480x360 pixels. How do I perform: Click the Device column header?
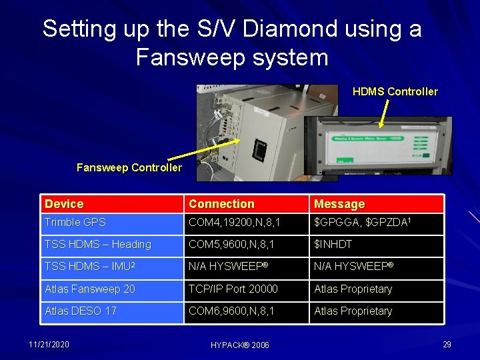tap(64, 204)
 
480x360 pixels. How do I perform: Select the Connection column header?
tap(221, 204)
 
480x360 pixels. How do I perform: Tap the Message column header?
tap(339, 204)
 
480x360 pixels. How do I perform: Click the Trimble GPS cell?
tap(75, 223)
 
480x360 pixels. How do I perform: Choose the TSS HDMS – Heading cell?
tap(98, 245)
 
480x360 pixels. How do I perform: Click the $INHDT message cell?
tap(333, 245)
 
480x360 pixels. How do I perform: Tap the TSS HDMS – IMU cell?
tap(90, 267)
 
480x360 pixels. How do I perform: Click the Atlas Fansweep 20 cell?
tap(90, 289)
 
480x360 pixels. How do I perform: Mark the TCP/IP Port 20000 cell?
tap(233, 289)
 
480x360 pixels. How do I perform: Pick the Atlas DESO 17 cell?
tap(81, 311)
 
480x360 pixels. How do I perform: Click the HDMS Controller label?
tap(395, 92)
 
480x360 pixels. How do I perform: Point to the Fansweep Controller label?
tap(129, 168)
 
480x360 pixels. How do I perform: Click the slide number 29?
tap(447, 345)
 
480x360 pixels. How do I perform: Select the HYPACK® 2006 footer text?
tap(240, 345)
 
